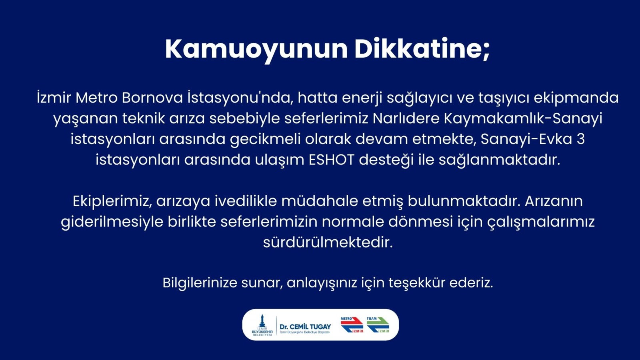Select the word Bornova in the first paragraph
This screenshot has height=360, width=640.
coord(152,98)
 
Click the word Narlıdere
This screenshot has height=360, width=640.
coord(406,118)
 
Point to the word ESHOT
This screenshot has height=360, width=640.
coord(331,160)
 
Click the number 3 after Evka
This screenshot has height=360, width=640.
coord(580,139)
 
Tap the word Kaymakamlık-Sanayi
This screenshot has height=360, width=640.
coord(523,118)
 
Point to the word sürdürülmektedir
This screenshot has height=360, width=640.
coord(328,242)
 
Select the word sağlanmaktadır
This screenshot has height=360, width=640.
coord(499,160)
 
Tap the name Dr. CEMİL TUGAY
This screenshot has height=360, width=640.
coord(305,327)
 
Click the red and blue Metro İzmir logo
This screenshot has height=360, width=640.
coord(352,325)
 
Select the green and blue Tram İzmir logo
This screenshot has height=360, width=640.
coord(378,325)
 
